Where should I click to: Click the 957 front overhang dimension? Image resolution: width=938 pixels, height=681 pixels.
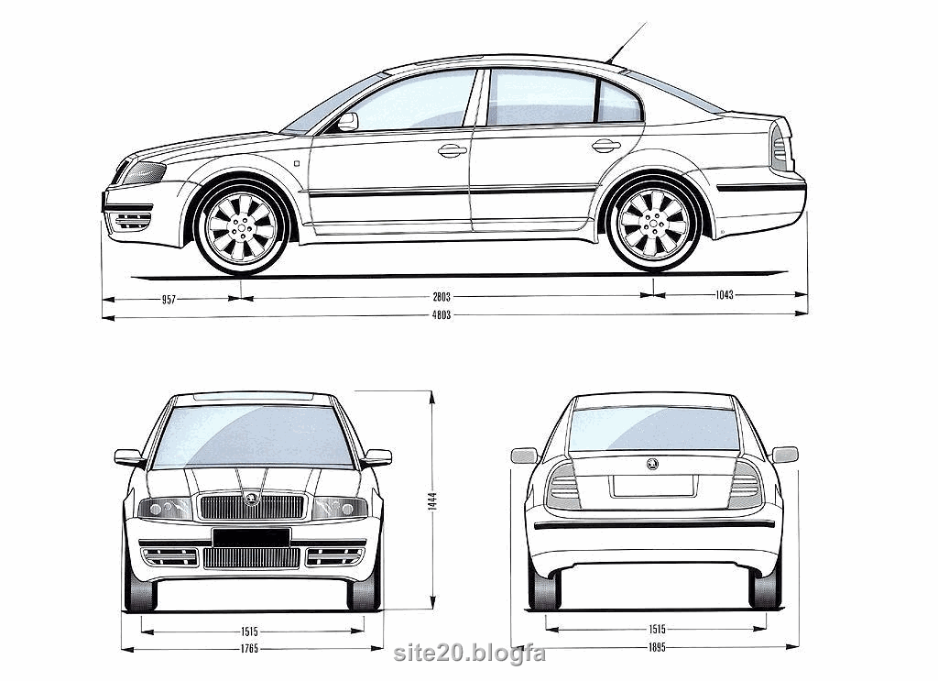point(169,300)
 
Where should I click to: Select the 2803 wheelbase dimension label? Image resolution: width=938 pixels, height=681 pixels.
point(442,297)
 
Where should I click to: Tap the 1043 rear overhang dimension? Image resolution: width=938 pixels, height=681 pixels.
point(725,294)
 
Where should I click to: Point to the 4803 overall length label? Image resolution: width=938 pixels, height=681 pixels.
point(442,314)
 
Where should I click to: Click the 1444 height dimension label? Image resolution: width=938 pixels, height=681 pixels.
point(432,500)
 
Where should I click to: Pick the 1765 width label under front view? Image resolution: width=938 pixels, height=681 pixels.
point(249,648)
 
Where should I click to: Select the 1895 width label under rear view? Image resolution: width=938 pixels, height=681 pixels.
point(656,647)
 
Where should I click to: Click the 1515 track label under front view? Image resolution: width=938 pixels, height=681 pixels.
point(249,632)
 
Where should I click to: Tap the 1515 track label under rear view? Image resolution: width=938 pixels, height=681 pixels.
point(657,629)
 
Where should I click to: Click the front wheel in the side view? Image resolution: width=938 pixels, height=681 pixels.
point(242,226)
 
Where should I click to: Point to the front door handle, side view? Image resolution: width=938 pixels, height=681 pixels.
point(453,149)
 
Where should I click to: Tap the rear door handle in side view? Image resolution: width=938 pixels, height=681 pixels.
point(606,146)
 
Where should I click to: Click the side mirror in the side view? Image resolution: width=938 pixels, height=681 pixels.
point(347,122)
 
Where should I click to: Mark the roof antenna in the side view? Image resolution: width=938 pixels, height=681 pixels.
point(627,42)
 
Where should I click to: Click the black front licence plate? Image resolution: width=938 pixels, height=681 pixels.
point(251,537)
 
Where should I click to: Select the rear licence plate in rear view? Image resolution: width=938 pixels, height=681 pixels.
point(653,486)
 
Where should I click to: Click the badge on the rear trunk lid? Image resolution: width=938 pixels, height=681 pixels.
point(652,464)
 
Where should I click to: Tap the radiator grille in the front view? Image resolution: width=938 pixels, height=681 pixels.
point(252,507)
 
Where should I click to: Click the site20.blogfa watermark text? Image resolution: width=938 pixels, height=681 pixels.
point(470,653)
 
